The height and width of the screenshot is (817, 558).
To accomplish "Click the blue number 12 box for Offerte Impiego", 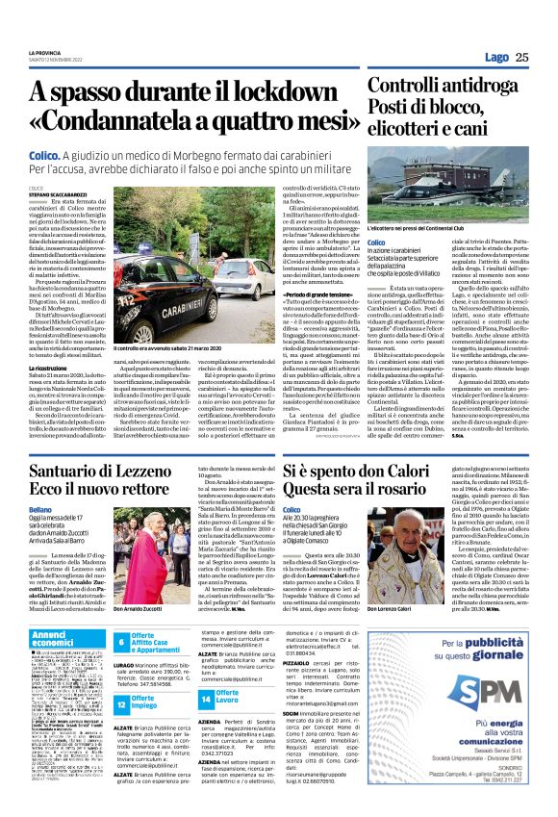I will click(x=121, y=704).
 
